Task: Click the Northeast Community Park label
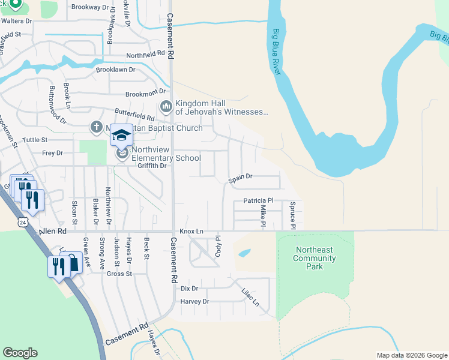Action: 315,258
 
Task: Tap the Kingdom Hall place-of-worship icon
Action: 166,107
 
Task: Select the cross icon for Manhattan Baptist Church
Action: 96,127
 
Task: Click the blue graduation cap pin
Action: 121,136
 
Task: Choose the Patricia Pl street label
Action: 258,200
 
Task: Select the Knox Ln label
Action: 191,231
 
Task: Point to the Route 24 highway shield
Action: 22,223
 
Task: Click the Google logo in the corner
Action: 20,353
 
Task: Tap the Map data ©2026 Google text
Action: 411,355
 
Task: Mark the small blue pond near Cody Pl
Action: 244,253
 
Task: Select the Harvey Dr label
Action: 194,301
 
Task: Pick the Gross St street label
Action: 119,274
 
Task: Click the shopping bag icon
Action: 72,263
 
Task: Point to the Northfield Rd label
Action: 145,54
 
